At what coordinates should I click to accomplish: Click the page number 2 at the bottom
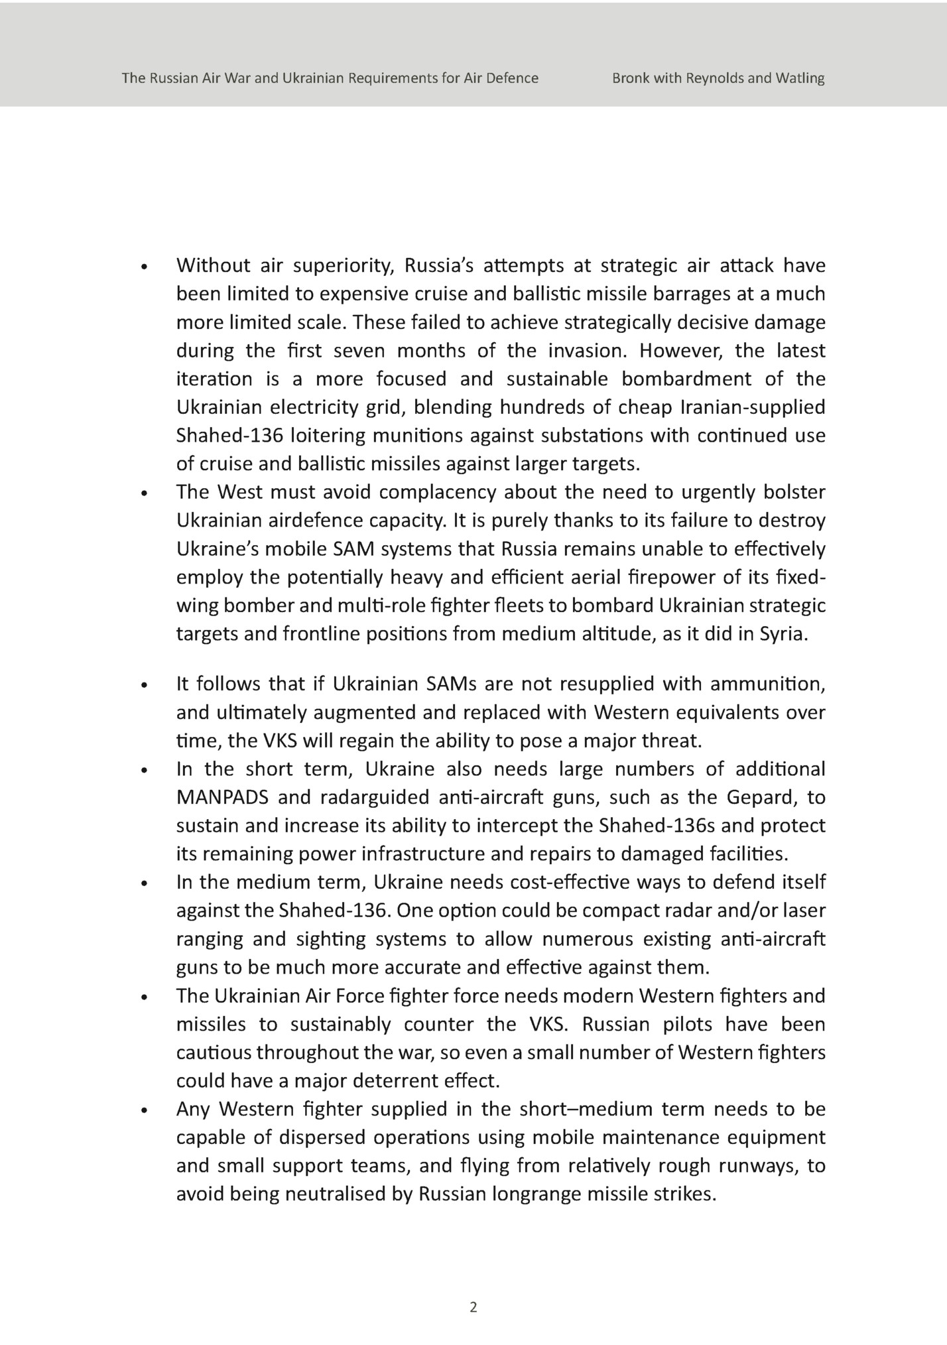coord(473,1308)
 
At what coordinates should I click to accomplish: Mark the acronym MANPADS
coord(222,797)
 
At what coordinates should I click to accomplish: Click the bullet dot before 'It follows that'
coord(143,686)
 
